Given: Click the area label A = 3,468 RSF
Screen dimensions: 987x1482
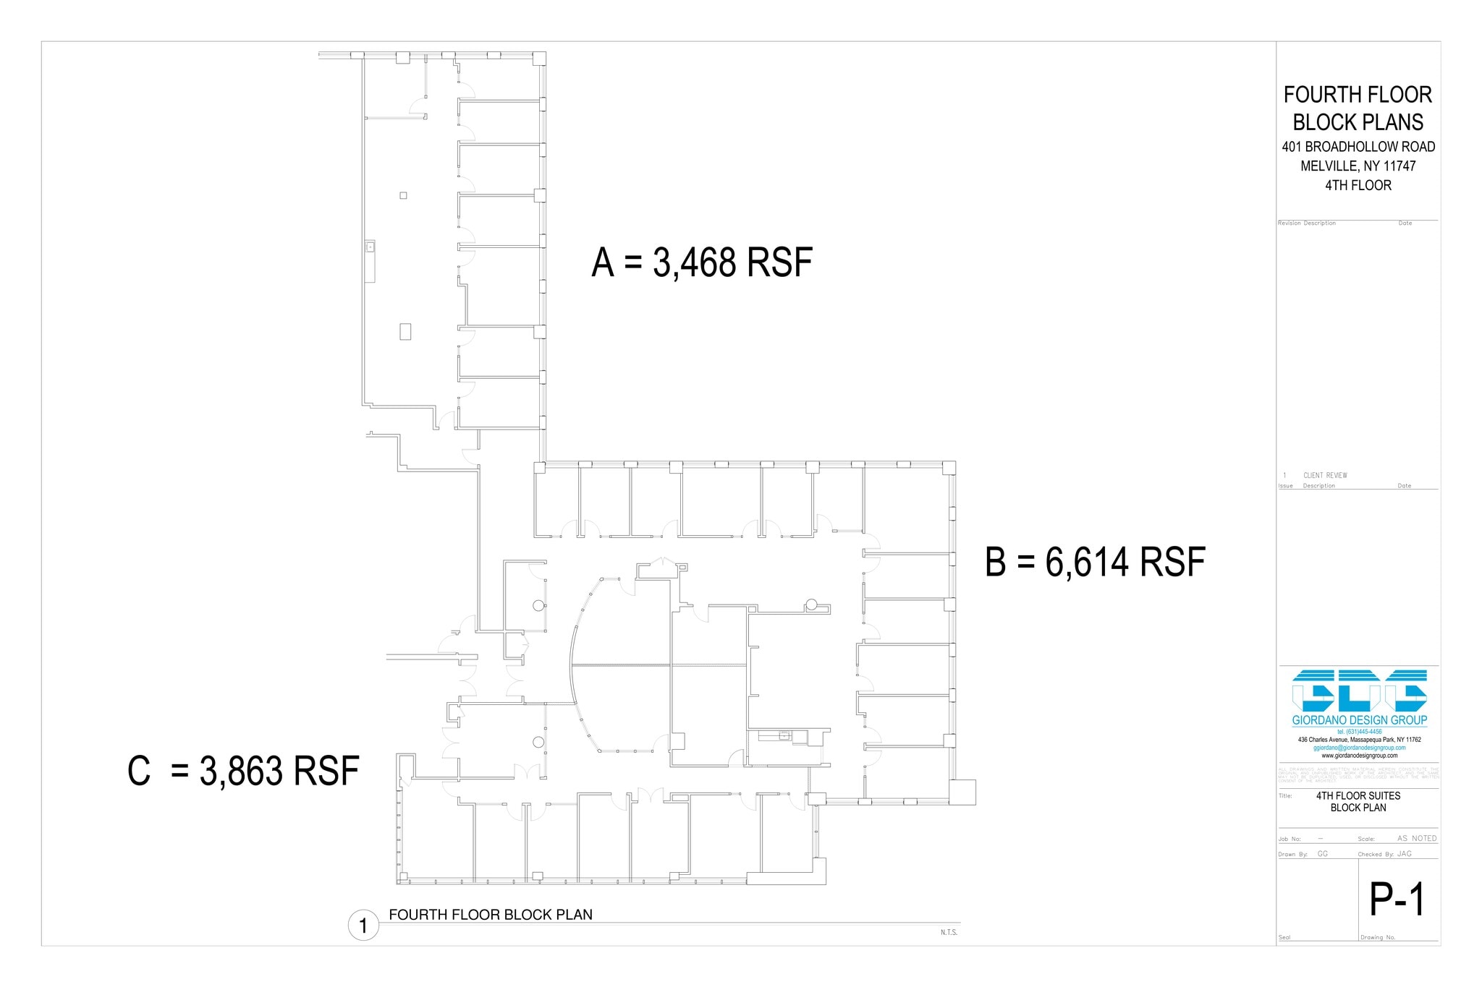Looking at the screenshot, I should [x=701, y=262].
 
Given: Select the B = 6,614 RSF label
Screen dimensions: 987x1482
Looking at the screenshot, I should [x=1095, y=563].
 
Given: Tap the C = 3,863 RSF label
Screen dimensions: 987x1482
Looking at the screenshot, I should [x=243, y=771].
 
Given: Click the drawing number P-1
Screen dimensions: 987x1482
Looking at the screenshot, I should [x=1397, y=900].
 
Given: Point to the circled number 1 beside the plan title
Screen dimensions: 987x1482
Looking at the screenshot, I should [x=363, y=926].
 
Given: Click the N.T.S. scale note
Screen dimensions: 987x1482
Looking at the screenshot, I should [x=949, y=933].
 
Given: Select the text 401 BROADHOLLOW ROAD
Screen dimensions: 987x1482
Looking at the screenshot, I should [x=1358, y=147].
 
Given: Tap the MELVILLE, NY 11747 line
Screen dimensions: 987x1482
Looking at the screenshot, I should [x=1358, y=166].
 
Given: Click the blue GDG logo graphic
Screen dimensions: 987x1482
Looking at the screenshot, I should [x=1359, y=691].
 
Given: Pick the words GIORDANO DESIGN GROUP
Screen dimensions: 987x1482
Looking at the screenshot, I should [x=1359, y=720].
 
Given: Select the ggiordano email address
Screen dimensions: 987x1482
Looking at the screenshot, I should [x=1359, y=748].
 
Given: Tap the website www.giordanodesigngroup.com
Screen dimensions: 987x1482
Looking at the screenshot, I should [x=1359, y=756].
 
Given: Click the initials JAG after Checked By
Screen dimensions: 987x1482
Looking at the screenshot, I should [x=1404, y=854].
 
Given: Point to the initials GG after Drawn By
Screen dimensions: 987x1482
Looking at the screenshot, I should [x=1322, y=854].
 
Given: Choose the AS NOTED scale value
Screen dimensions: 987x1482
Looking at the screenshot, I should [x=1416, y=839].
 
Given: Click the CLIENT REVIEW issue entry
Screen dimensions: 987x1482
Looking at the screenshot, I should [x=1325, y=476].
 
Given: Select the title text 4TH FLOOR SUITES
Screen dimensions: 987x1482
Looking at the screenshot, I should [x=1358, y=795].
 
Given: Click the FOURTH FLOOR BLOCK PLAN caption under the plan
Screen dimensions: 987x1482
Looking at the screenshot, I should [x=491, y=915].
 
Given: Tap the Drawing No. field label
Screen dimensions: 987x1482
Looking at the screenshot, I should [x=1378, y=938].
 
